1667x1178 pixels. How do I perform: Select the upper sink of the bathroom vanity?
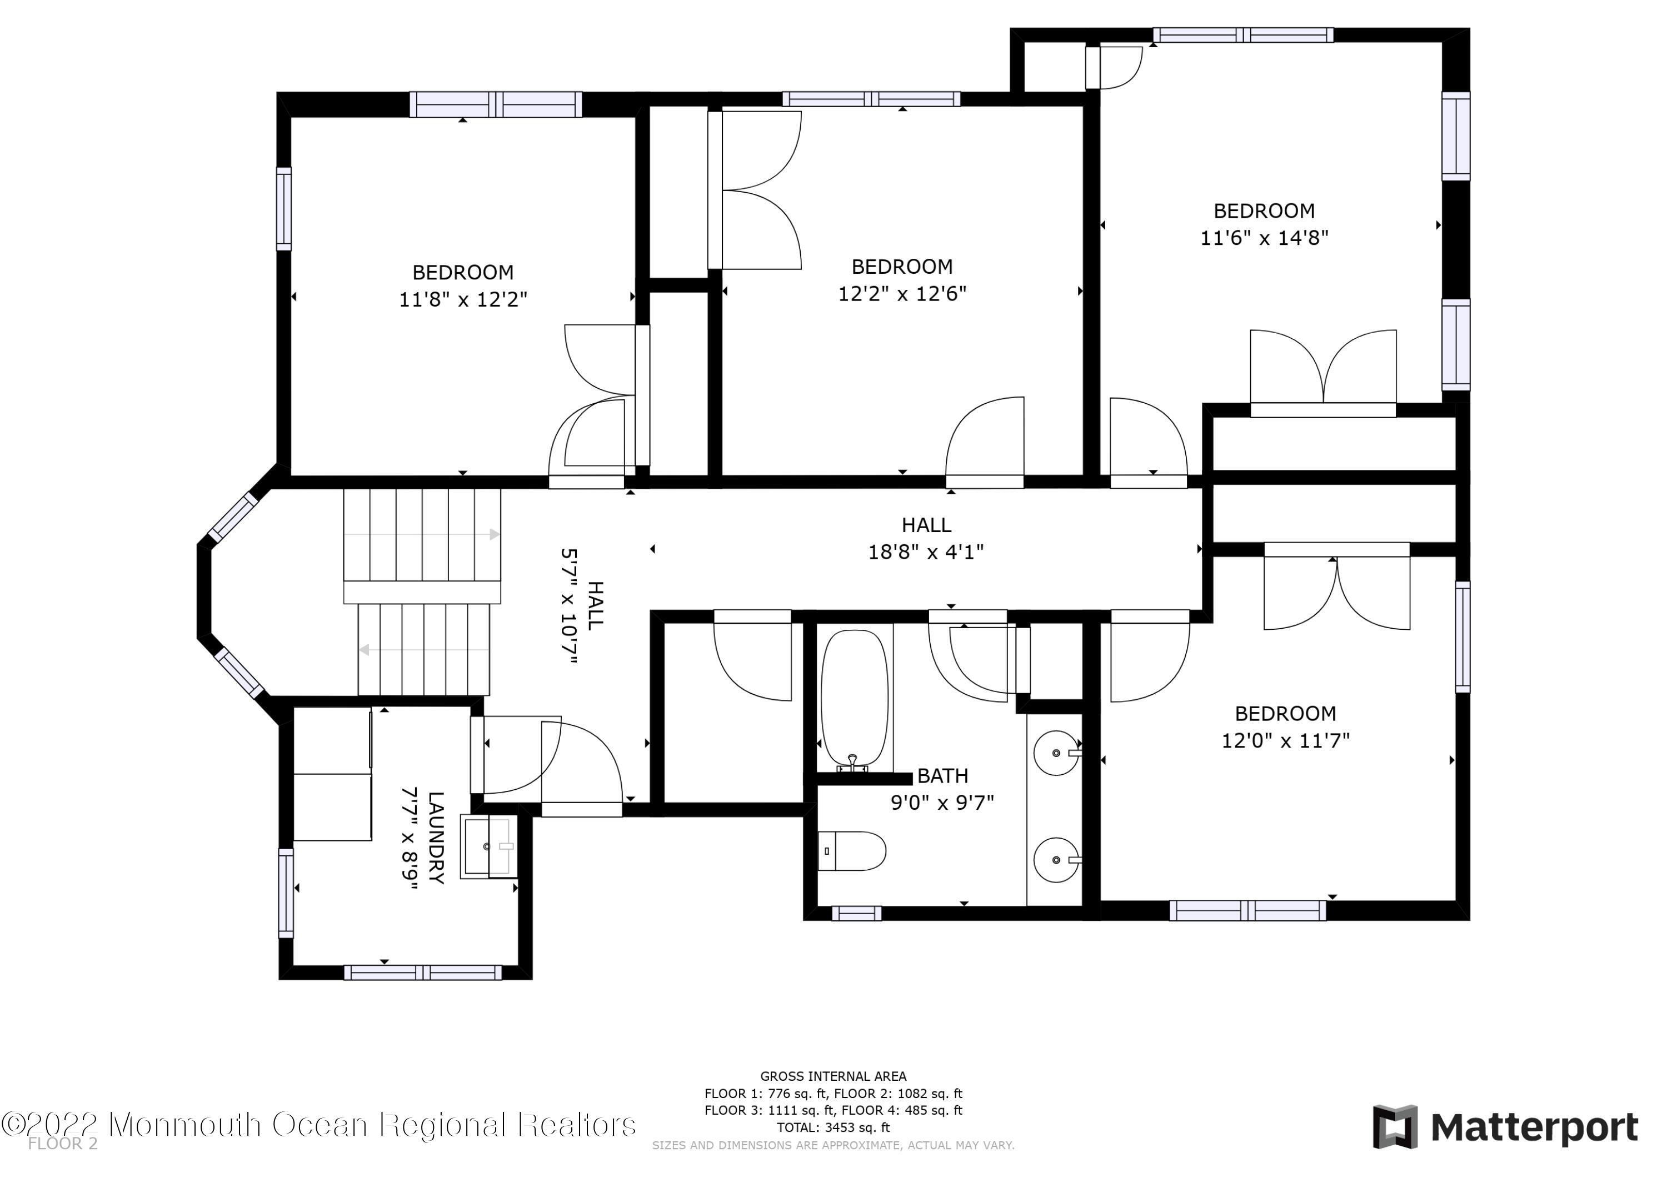[1056, 753]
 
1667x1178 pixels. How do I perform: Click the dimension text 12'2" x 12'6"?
[902, 293]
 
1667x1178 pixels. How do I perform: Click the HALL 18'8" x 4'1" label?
[926, 539]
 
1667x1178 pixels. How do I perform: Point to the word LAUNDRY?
[436, 837]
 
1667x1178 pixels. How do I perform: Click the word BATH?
[942, 776]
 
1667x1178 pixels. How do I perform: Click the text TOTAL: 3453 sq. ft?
[833, 1127]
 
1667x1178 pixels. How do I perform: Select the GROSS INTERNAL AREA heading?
[833, 1076]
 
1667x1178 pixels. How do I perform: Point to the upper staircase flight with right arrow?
[422, 535]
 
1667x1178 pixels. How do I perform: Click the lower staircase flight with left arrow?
[424, 650]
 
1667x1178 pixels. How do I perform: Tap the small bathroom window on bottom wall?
[856, 913]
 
